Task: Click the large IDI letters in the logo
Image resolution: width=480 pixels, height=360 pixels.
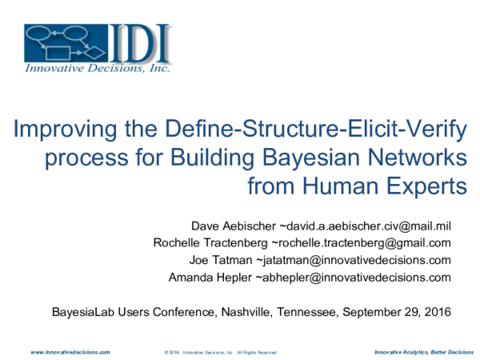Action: pos(139,43)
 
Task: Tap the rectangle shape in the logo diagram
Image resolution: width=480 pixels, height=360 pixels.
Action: pos(58,53)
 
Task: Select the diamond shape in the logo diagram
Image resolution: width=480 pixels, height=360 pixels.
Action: pos(94,53)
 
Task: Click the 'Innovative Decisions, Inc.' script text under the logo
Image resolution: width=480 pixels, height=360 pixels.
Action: pos(98,68)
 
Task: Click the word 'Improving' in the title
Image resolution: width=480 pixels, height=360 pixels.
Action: pos(66,130)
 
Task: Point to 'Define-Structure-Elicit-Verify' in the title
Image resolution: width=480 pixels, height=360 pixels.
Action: pos(316,130)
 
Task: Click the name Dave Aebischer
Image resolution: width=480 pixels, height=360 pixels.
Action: pos(234,226)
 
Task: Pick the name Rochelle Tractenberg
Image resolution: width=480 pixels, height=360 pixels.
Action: pos(210,242)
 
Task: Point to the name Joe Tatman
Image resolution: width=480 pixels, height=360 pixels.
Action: pos(221,260)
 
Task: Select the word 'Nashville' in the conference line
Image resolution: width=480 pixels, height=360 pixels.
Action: pos(246,312)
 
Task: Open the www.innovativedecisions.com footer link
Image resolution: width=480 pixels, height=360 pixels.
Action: pos(70,352)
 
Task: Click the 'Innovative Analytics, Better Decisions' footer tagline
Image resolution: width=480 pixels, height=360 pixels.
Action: pos(424,352)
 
